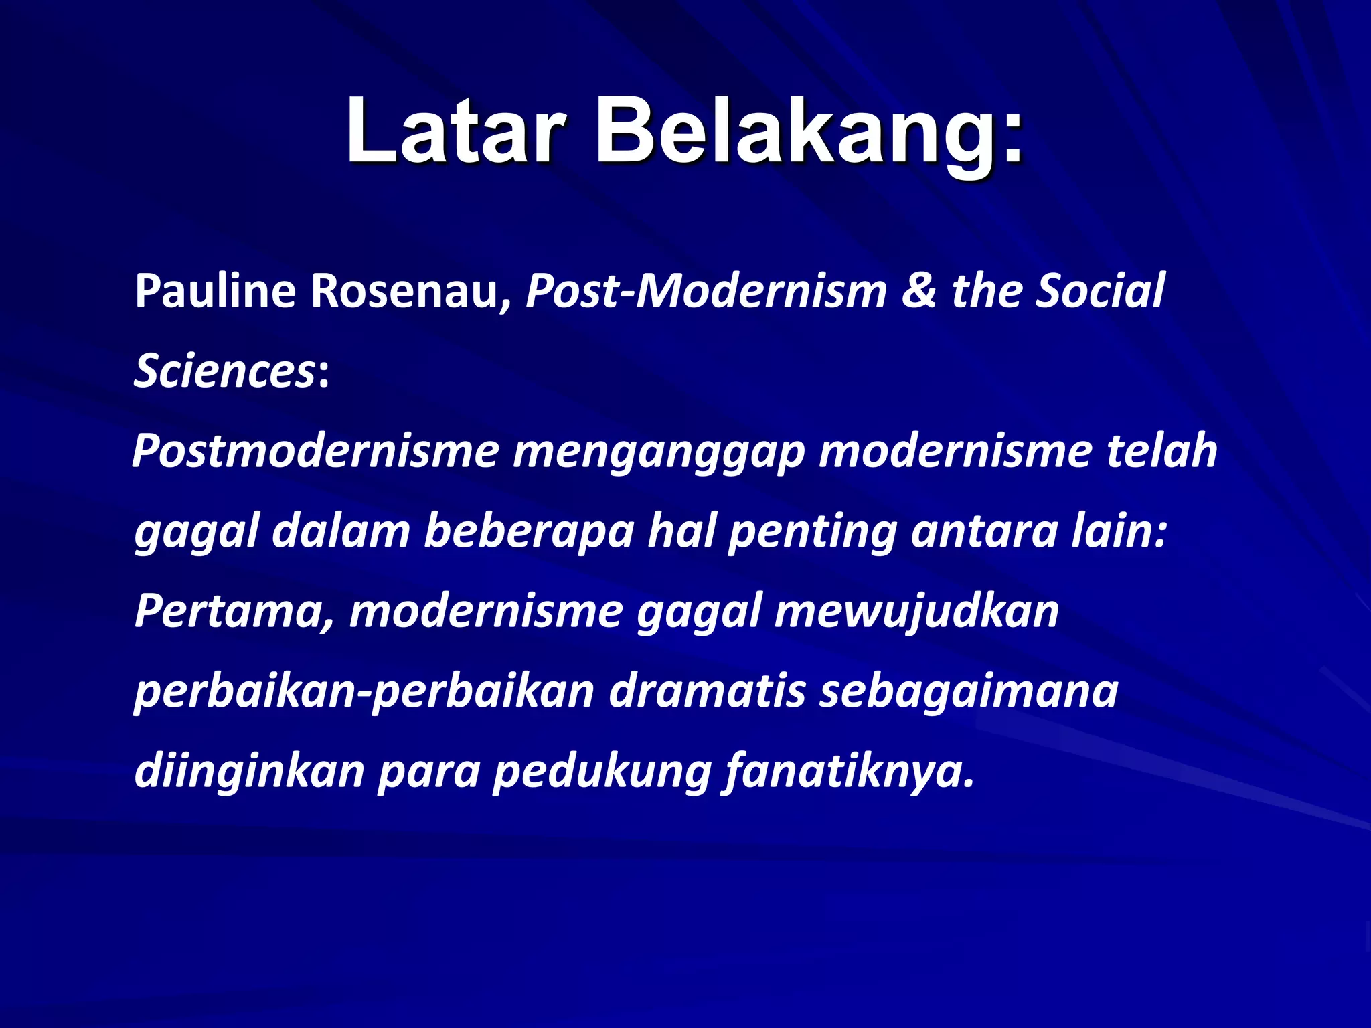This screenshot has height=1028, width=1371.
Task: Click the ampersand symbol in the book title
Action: [919, 292]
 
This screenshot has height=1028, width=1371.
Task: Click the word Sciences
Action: [224, 371]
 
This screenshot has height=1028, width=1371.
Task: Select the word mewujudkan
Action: [916, 612]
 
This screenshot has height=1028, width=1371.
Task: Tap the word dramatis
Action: [707, 692]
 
